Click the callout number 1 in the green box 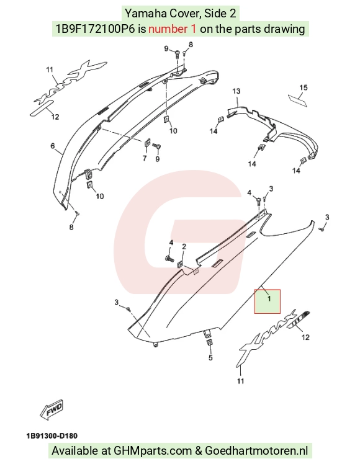(x=269, y=299)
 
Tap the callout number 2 (x=184, y=247)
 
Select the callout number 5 (x=210, y=358)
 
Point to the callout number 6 (x=53, y=146)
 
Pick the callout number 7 (x=145, y=158)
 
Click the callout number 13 (x=236, y=91)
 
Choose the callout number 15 (x=304, y=87)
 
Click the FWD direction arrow (x=52, y=410)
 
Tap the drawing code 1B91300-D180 (x=52, y=436)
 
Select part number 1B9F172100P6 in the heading (x=95, y=29)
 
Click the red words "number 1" (x=172, y=29)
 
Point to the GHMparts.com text (x=153, y=451)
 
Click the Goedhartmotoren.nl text (x=256, y=451)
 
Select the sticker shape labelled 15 (x=297, y=100)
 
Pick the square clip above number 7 (x=147, y=143)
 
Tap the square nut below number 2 (x=179, y=264)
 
